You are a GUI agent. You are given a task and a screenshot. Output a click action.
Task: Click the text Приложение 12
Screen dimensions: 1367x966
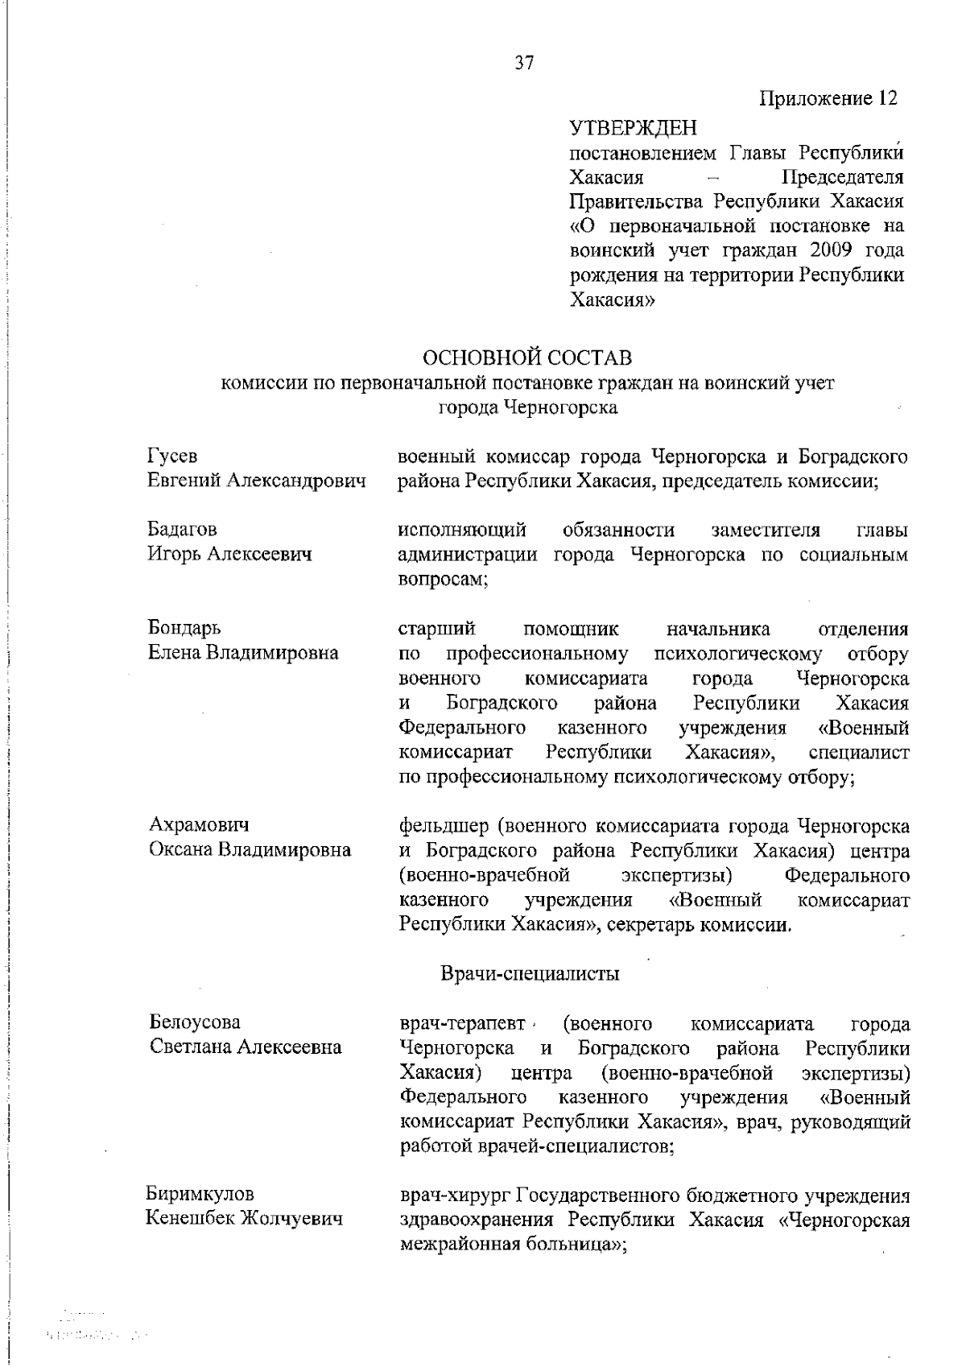pyautogui.click(x=828, y=99)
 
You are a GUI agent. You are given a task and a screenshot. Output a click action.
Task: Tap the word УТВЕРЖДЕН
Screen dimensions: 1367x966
pyautogui.click(x=633, y=128)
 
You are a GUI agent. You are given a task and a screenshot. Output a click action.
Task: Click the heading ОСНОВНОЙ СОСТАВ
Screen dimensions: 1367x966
pyautogui.click(x=526, y=357)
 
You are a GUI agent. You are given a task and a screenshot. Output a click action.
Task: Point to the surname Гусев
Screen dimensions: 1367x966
pyautogui.click(x=171, y=456)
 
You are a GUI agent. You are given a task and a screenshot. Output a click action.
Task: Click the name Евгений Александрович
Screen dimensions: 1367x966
pyautogui.click(x=256, y=481)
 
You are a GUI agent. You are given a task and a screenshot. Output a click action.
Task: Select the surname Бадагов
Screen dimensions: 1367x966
pyautogui.click(x=182, y=530)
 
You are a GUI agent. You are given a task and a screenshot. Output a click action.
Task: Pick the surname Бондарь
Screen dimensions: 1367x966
pyautogui.click(x=184, y=628)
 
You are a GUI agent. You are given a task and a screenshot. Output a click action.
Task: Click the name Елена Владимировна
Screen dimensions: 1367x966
pyautogui.click(x=242, y=653)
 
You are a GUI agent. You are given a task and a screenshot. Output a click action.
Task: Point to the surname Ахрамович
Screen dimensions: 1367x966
pyautogui.click(x=199, y=825)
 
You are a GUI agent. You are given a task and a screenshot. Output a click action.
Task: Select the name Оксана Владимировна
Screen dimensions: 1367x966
pyautogui.click(x=250, y=850)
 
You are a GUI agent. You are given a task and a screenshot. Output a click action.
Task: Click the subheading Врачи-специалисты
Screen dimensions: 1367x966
pyautogui.click(x=530, y=974)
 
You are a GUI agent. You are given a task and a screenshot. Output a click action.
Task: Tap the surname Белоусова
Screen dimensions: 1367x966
pyautogui.click(x=195, y=1022)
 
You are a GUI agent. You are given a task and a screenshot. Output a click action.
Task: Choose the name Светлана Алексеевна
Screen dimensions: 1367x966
pyautogui.click(x=246, y=1047)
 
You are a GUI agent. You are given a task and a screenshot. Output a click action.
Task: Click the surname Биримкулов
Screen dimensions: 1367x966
pyautogui.click(x=200, y=1194)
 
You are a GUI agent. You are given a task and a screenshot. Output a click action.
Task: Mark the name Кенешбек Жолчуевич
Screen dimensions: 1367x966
pyautogui.click(x=244, y=1219)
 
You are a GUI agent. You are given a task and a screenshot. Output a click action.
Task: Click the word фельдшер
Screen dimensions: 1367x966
pyautogui.click(x=444, y=826)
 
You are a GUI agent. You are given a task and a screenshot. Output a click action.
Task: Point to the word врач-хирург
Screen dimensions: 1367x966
pyautogui.click(x=454, y=1196)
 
